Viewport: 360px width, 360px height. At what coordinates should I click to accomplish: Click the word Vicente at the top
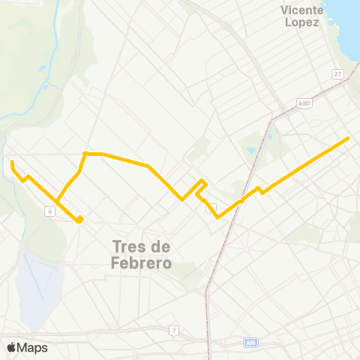pyautogui.click(x=301, y=10)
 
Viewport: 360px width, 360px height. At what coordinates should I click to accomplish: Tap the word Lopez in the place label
pyautogui.click(x=301, y=22)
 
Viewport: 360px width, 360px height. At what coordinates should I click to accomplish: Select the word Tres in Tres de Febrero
pyautogui.click(x=127, y=246)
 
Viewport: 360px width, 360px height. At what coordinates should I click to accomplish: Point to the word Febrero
pyautogui.click(x=141, y=263)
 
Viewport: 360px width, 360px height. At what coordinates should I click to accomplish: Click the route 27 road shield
pyautogui.click(x=338, y=73)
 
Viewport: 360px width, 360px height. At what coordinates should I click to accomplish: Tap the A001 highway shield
pyautogui.click(x=304, y=103)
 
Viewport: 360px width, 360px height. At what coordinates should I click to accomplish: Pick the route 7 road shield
pyautogui.click(x=173, y=330)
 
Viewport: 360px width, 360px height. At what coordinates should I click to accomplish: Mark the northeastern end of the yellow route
pyautogui.click(x=348, y=139)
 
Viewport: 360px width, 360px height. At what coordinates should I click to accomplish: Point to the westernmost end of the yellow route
pyautogui.click(x=12, y=161)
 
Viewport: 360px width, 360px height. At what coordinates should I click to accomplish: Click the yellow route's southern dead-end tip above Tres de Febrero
pyautogui.click(x=79, y=220)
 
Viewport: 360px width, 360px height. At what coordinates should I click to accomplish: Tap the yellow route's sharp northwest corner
pyautogui.click(x=85, y=154)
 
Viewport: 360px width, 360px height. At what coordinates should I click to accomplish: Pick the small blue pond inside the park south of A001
pyautogui.click(x=250, y=150)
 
